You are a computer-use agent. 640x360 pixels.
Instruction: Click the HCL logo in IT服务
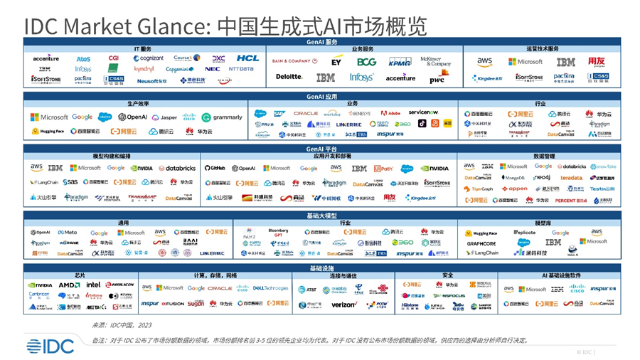pyautogui.click(x=248, y=58)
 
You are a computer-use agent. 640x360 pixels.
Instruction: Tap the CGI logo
pyautogui.click(x=114, y=58)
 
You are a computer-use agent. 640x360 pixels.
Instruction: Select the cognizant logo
pyautogui.click(x=148, y=58)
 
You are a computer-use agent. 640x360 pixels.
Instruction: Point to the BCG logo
pyautogui.click(x=367, y=62)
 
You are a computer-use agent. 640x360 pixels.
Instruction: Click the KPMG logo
pyautogui.click(x=399, y=62)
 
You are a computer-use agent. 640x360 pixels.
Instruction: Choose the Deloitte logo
pyautogui.click(x=289, y=77)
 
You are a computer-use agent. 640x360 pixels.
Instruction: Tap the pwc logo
pyautogui.click(x=437, y=78)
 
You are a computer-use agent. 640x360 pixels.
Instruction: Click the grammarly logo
pyautogui.click(x=223, y=117)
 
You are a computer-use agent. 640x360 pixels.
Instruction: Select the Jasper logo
pyautogui.click(x=166, y=117)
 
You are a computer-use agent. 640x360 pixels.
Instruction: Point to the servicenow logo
pyautogui.click(x=423, y=112)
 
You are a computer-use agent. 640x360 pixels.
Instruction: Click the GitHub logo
pyautogui.click(x=215, y=169)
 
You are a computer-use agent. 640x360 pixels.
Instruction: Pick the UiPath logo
pyautogui.click(x=383, y=169)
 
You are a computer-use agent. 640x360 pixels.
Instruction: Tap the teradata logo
pyautogui.click(x=571, y=178)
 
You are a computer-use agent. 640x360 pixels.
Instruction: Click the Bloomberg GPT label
pyautogui.click(x=278, y=232)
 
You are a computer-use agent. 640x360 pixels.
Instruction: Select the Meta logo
pyautogui.click(x=68, y=232)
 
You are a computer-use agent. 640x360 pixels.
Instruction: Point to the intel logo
pyautogui.click(x=93, y=285)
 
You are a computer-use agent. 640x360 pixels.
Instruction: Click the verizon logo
pyautogui.click(x=344, y=305)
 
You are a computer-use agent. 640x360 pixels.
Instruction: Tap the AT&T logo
pyautogui.click(x=307, y=290)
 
